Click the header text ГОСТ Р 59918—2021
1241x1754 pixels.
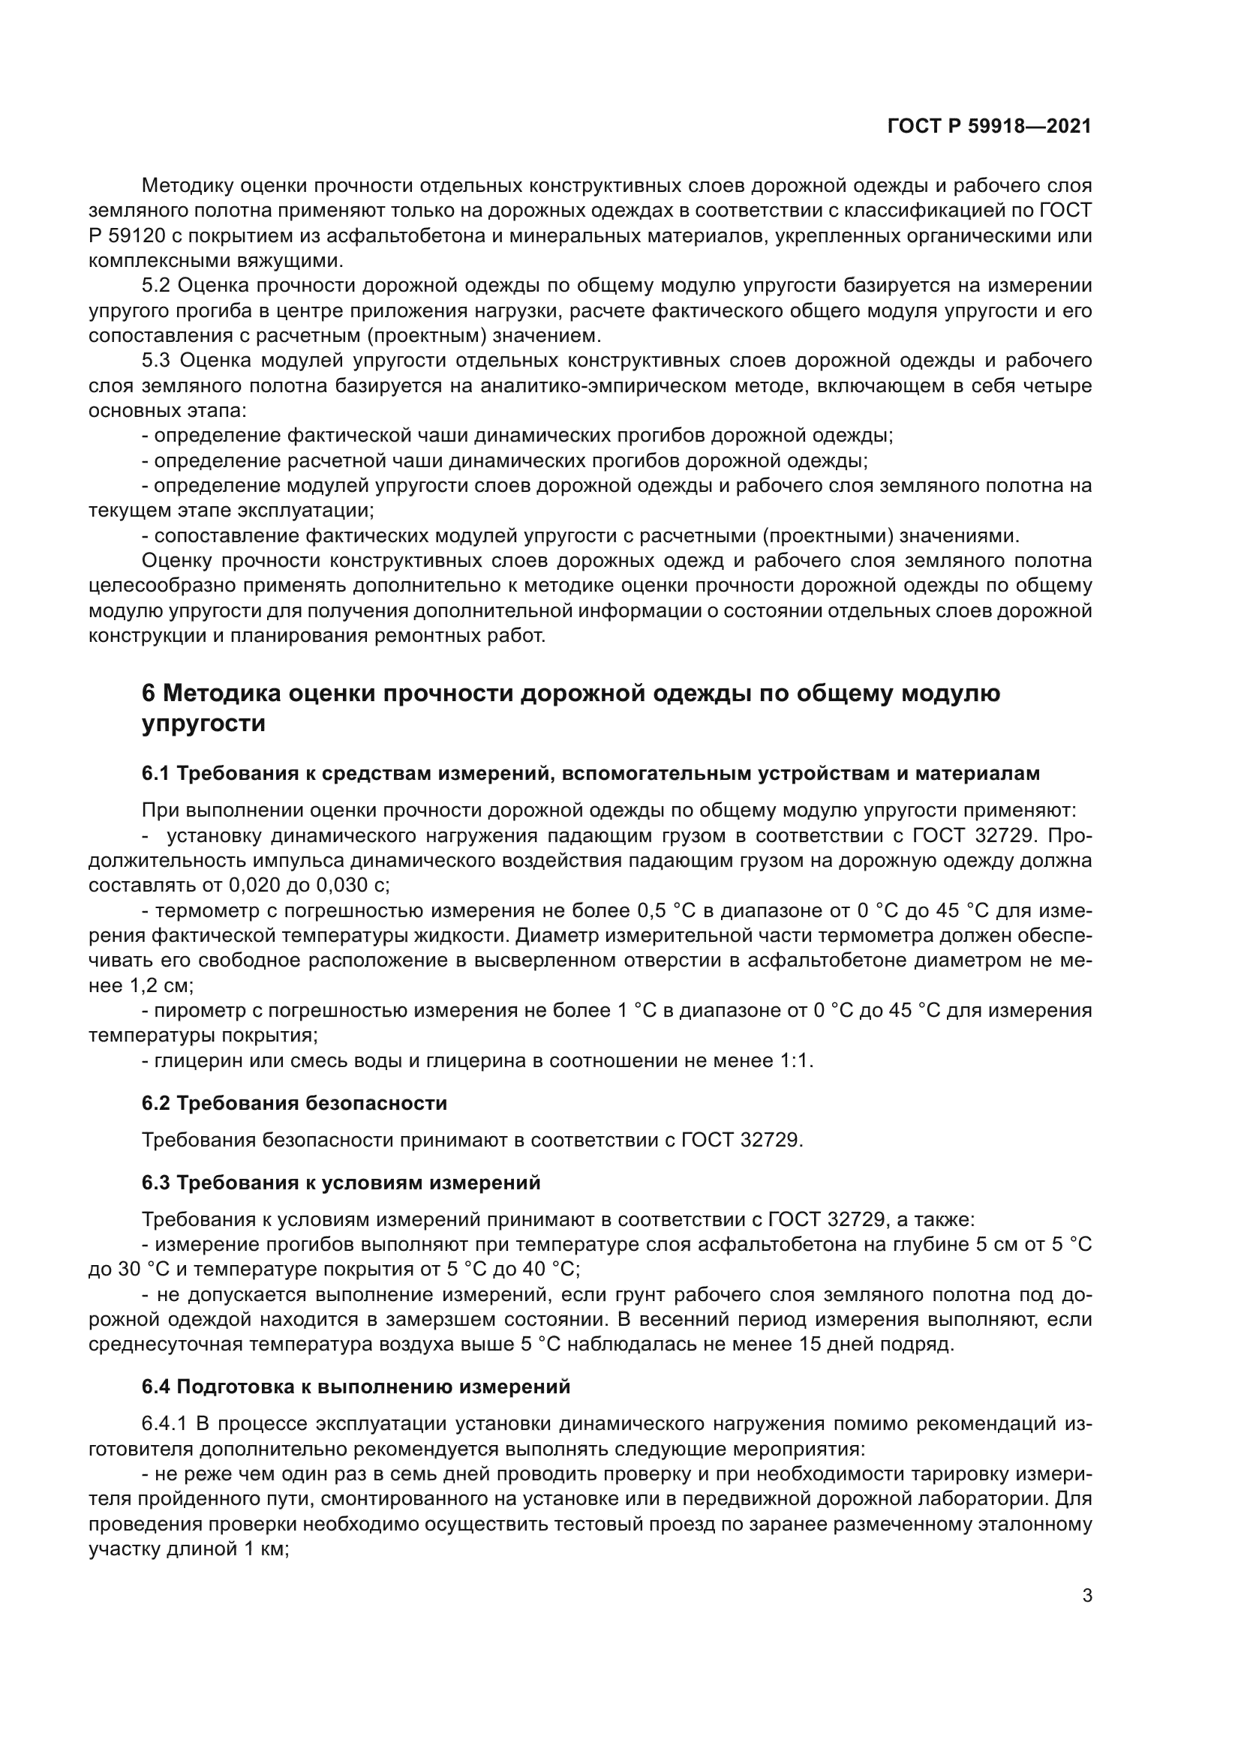click(x=989, y=127)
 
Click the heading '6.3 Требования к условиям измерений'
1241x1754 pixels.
click(x=341, y=1183)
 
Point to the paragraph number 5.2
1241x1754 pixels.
click(x=158, y=286)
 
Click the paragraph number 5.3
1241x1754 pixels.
click(x=158, y=361)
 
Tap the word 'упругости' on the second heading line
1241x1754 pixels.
click(x=203, y=724)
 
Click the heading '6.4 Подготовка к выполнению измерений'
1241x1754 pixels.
click(x=356, y=1387)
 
